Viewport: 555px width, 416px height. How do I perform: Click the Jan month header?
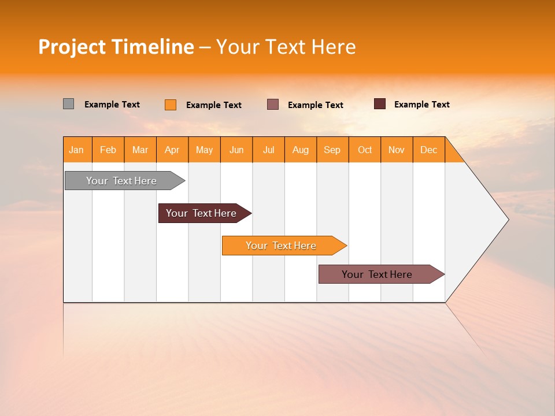click(77, 150)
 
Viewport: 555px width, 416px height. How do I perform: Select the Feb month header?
click(108, 150)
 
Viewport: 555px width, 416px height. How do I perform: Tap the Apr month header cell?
click(172, 150)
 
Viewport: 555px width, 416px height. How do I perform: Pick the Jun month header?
click(236, 150)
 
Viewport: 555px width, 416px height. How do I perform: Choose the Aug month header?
click(301, 150)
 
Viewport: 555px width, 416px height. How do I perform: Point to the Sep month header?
click(332, 150)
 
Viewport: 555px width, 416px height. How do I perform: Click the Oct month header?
click(365, 150)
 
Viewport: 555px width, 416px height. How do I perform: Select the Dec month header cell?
click(429, 150)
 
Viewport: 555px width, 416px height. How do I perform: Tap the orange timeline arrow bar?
click(282, 246)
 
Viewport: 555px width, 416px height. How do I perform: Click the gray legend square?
click(68, 104)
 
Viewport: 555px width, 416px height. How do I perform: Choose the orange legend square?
click(171, 105)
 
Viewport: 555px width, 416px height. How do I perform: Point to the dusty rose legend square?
click(273, 104)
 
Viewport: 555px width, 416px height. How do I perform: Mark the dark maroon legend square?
click(379, 104)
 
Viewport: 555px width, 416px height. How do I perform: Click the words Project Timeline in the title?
click(116, 47)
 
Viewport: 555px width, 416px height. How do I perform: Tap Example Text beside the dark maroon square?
click(421, 105)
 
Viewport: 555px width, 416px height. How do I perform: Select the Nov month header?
click(397, 150)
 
